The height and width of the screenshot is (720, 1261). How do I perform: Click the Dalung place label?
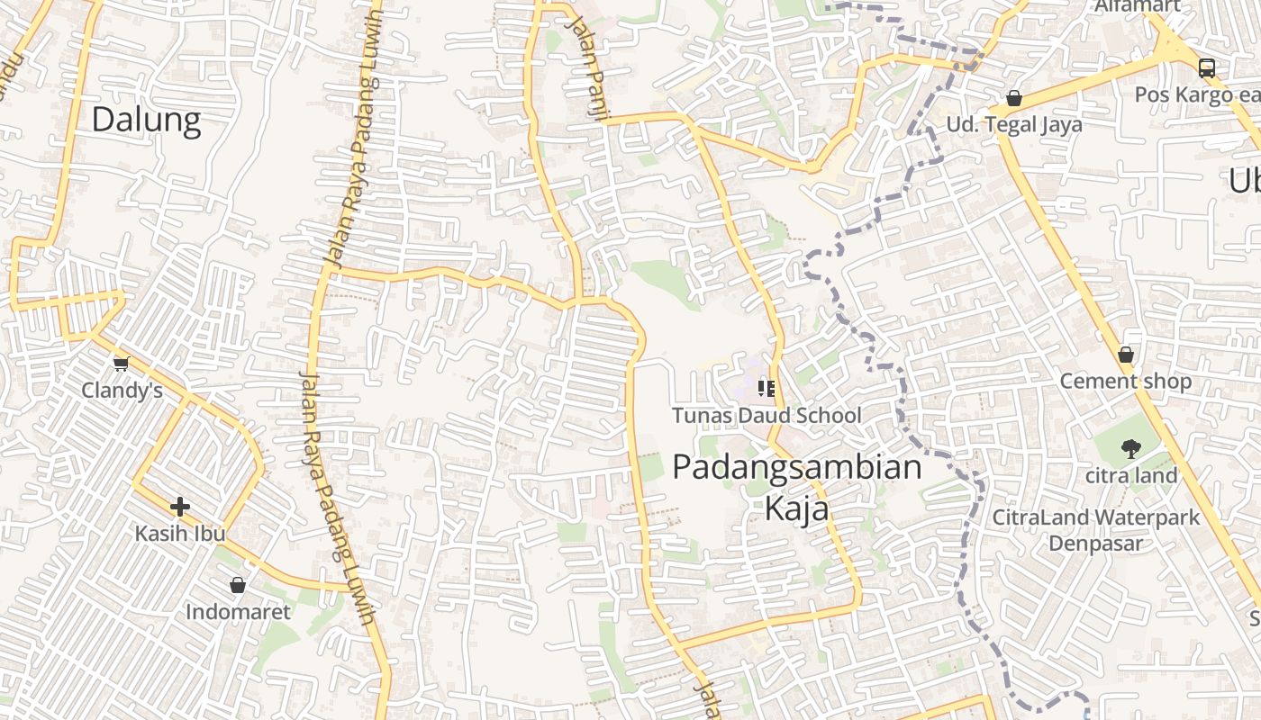pyautogui.click(x=146, y=120)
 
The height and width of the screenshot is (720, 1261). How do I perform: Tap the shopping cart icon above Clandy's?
pyautogui.click(x=122, y=364)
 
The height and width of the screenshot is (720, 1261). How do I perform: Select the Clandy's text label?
pyautogui.click(x=122, y=391)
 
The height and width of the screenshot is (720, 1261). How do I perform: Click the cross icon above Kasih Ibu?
pyautogui.click(x=180, y=507)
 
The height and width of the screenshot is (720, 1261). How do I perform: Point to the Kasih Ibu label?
pyautogui.click(x=180, y=534)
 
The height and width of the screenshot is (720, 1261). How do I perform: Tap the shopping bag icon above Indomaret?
pyautogui.click(x=238, y=586)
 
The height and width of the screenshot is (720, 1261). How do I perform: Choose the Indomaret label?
pyautogui.click(x=238, y=613)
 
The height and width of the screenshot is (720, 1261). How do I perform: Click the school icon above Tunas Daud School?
pyautogui.click(x=767, y=389)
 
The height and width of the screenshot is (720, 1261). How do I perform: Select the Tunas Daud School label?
pyautogui.click(x=767, y=416)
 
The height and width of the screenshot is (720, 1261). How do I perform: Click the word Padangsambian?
pyautogui.click(x=797, y=468)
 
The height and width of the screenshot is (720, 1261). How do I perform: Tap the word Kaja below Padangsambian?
pyautogui.click(x=797, y=509)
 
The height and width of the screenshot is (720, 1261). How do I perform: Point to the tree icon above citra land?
pyautogui.click(x=1129, y=449)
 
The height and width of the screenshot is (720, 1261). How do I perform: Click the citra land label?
pyautogui.click(x=1131, y=476)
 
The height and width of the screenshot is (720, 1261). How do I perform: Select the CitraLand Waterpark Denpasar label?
pyautogui.click(x=1095, y=530)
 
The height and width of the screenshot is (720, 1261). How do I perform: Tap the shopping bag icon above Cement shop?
pyautogui.click(x=1125, y=355)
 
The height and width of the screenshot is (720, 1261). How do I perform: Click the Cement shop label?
pyautogui.click(x=1125, y=382)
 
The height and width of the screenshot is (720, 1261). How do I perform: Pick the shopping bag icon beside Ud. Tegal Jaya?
pyautogui.click(x=1014, y=98)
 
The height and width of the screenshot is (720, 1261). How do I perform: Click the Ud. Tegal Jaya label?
pyautogui.click(x=1014, y=125)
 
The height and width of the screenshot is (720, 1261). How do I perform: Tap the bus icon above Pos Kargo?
pyautogui.click(x=1206, y=68)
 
